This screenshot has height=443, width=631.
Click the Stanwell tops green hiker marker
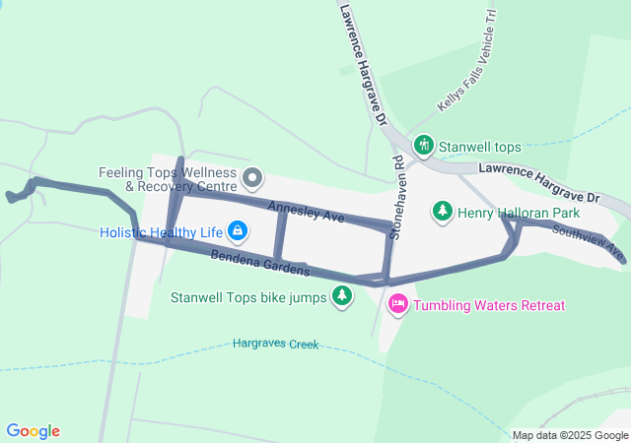point(424,146)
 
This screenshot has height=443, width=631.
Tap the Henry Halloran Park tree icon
point(443,211)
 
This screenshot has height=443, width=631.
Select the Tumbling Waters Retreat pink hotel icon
point(398,304)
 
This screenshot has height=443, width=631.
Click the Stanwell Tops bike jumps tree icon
point(341,295)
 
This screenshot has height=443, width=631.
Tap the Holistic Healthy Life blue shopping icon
point(237,231)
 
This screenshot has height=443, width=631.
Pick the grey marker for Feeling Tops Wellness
point(252,178)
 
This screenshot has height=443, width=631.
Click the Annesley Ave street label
point(306,210)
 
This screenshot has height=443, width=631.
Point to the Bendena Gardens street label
point(260,263)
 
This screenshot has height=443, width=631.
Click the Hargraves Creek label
point(276,344)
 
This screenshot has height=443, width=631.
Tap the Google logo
point(33,431)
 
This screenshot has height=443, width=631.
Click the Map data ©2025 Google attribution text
point(570,435)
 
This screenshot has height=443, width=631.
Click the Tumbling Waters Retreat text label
point(489,305)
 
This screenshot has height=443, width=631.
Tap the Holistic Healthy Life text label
point(162,232)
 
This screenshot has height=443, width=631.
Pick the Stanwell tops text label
point(479,147)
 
